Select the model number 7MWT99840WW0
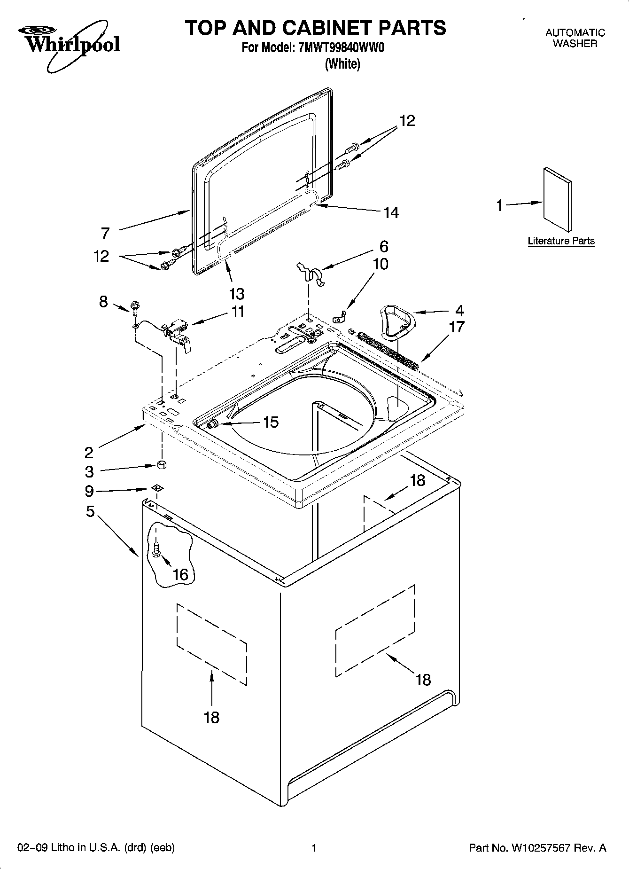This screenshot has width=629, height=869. (342, 48)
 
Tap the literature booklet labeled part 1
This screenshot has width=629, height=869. (558, 200)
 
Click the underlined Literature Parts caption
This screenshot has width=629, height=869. (561, 241)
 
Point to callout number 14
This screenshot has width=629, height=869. (391, 213)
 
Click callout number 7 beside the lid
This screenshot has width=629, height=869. (105, 233)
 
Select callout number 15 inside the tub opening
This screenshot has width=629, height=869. (271, 422)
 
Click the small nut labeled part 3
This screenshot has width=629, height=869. (162, 465)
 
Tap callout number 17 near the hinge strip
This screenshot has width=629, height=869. (457, 327)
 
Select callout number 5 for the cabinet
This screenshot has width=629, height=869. (90, 511)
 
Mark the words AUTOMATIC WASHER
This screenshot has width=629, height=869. (575, 38)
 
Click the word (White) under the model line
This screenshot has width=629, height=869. (342, 64)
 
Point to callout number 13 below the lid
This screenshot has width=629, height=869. (237, 294)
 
